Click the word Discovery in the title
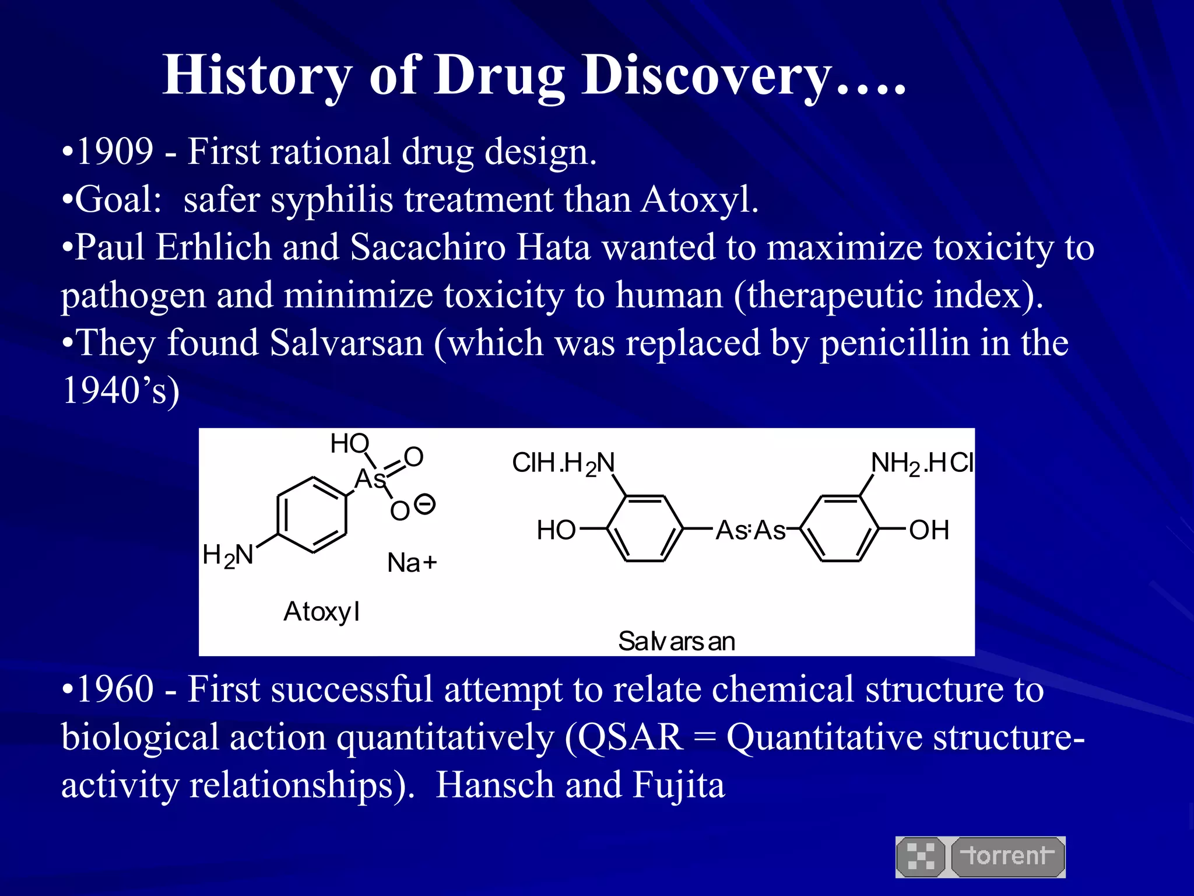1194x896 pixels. point(705,76)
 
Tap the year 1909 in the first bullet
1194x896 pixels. point(115,152)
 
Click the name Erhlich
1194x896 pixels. point(213,247)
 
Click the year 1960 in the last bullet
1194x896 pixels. point(115,689)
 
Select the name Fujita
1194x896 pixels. point(679,785)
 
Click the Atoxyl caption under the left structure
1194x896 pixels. point(321,612)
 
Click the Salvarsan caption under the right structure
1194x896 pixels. point(676,642)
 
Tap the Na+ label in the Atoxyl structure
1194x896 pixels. point(412,563)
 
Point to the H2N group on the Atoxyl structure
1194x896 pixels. point(228,555)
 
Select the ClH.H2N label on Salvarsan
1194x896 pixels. point(563,464)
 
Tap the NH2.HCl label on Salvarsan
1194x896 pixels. point(922,464)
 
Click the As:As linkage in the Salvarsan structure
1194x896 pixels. point(750,531)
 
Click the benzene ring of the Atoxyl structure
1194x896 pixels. point(312,515)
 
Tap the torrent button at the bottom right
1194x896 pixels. point(1007,856)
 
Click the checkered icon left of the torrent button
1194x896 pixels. point(921,856)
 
